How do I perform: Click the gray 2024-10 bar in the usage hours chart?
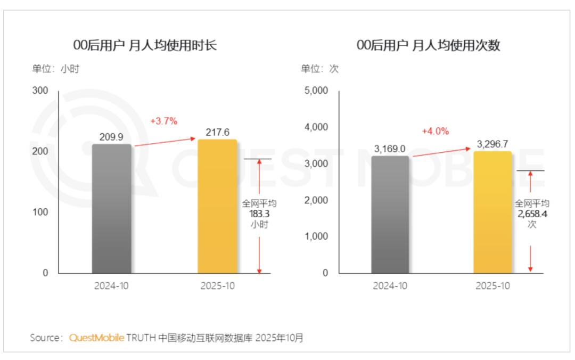click(x=111, y=209)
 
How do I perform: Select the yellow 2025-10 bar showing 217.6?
click(x=217, y=207)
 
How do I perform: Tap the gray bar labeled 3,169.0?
click(x=390, y=214)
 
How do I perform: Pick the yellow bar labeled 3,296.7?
click(x=492, y=212)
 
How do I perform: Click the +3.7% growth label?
click(x=163, y=121)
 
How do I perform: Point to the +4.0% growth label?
click(x=435, y=131)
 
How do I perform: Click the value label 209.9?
click(x=111, y=137)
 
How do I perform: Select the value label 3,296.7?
click(x=492, y=144)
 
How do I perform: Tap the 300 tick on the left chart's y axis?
click(x=40, y=91)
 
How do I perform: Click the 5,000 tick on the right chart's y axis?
click(x=316, y=91)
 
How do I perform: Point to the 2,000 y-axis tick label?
click(x=316, y=200)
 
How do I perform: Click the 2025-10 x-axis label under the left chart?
click(x=217, y=285)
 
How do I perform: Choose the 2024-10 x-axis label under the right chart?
click(x=390, y=285)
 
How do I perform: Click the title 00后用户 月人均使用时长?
click(x=145, y=45)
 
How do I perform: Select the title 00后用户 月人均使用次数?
click(x=428, y=45)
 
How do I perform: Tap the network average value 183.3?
click(x=259, y=214)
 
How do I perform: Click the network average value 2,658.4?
click(x=531, y=214)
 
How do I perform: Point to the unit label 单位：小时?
click(x=55, y=69)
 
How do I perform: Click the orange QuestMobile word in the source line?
click(x=96, y=338)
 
